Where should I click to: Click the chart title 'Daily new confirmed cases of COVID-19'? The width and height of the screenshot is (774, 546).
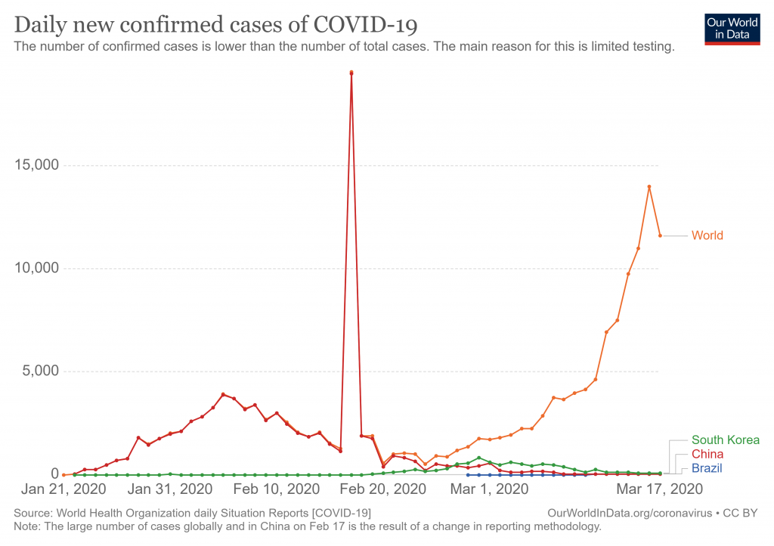pos(216,25)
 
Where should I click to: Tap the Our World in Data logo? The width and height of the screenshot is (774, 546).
pos(732,29)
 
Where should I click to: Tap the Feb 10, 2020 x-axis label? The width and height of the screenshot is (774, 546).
pos(277,489)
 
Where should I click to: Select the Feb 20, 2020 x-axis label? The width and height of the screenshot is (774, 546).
pos(383,489)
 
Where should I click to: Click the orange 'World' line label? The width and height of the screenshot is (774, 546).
pos(707,236)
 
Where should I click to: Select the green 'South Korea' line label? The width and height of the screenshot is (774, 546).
pos(725,440)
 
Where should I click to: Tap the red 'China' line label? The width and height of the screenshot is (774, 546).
pos(707,455)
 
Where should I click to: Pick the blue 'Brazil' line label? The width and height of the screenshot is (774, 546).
pos(707,469)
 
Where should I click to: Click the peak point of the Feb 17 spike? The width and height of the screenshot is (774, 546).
pos(351,72)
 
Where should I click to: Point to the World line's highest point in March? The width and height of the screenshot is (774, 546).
pos(649,187)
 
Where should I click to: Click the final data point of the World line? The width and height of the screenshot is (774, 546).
pos(660,236)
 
